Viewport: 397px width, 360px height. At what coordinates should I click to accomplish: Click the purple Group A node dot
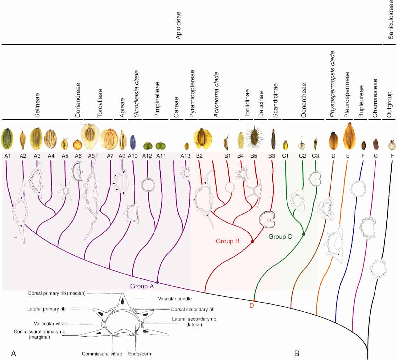pos(157,282)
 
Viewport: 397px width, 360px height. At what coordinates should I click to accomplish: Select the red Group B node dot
pos(253,242)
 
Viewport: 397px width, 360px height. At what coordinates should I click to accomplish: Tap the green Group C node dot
pos(303,234)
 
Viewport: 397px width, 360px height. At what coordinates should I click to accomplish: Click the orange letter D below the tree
pos(251,305)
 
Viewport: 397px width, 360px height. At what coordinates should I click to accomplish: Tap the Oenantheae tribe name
pos(304,100)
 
